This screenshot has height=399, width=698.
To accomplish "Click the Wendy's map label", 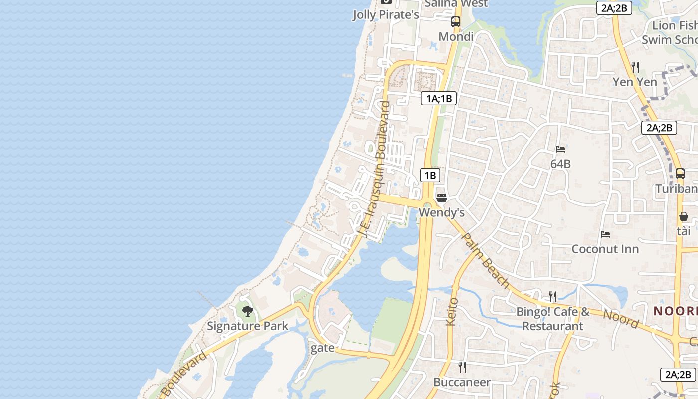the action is point(441,213).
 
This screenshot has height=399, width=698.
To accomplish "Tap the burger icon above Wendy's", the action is point(441,198).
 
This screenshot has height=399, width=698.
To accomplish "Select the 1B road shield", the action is point(430,175).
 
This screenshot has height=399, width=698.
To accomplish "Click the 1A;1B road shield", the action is point(439,98).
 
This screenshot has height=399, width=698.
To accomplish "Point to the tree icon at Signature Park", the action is point(247,312).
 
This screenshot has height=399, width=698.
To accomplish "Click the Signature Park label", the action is point(247,326).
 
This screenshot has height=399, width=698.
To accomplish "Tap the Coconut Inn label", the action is point(605,249).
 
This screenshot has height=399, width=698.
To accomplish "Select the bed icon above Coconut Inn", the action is point(605,234).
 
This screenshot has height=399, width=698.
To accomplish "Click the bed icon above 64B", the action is point(560,149).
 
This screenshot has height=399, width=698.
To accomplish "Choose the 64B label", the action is point(560,164).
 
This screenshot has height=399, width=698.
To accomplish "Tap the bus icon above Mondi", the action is point(456,21).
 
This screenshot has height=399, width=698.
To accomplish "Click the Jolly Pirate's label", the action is point(386,15).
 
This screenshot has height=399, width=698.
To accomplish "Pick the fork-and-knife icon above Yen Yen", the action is point(635,67).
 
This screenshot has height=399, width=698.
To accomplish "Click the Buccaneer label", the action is point(462,382).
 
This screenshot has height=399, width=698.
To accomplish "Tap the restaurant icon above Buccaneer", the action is point(462,367).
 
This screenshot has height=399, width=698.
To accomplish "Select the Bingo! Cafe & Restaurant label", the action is point(552,319).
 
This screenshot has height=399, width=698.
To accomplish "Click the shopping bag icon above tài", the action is point(683,216).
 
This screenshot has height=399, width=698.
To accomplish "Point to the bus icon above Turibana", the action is point(680,174).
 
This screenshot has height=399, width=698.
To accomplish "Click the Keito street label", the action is point(452,312).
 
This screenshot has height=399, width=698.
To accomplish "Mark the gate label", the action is point(322,348).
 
